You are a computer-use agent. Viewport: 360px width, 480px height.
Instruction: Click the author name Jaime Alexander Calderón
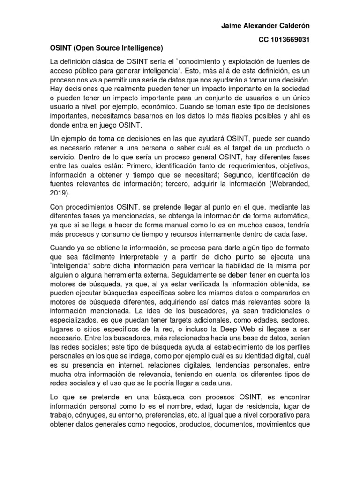pos(265,25)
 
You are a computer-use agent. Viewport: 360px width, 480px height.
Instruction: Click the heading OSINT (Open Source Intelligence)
pos(106,48)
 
